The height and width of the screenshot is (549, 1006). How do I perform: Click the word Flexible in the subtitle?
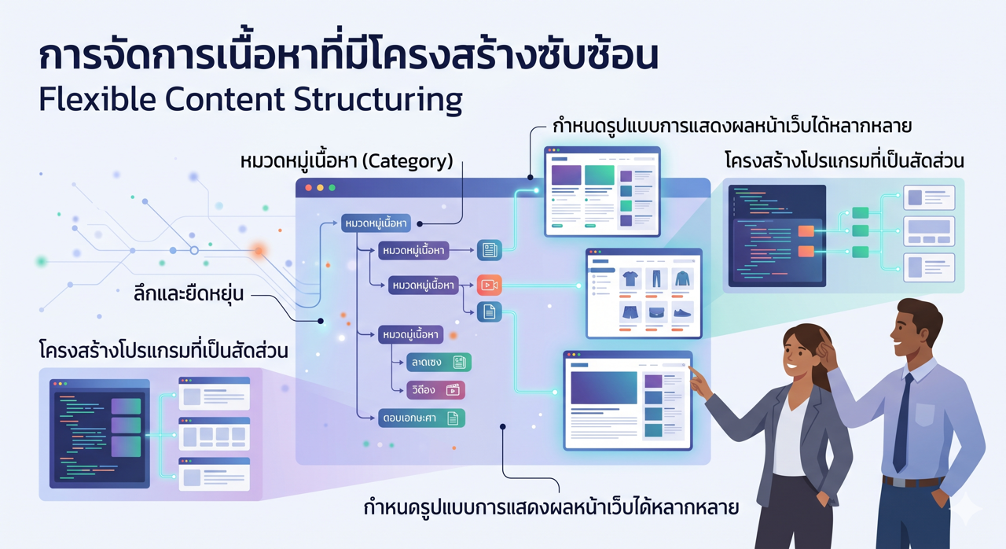84,100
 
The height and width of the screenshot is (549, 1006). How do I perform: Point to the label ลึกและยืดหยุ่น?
189,294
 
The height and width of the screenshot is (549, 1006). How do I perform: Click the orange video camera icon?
489,285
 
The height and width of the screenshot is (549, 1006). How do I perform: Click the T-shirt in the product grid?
630,278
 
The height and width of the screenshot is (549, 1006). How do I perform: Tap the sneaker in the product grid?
682,313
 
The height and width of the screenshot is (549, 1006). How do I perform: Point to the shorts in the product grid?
630,313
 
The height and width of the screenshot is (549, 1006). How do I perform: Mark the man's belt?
912,481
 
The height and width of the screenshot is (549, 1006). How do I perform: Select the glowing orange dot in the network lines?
258,251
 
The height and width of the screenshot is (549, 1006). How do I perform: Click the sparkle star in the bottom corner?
966,511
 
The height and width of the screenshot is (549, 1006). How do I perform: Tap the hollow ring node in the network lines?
194,250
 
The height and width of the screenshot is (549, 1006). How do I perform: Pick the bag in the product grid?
656,313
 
